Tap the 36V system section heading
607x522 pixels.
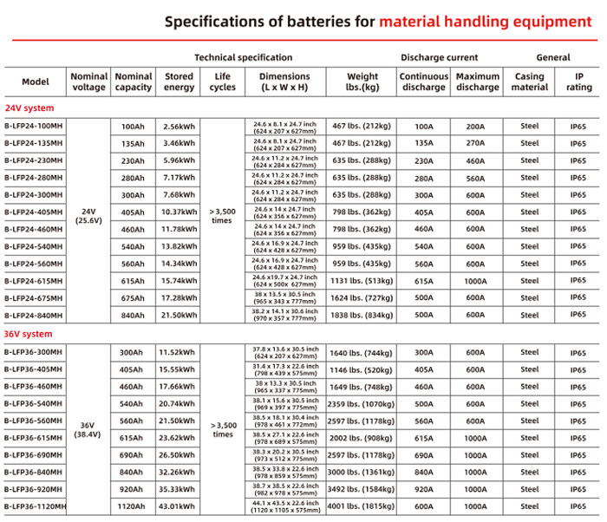click(28, 334)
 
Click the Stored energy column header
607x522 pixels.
click(179, 82)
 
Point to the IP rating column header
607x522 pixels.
click(579, 82)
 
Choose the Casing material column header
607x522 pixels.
click(528, 82)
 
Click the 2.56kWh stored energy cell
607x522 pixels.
click(179, 127)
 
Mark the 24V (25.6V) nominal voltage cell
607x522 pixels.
click(88, 215)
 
